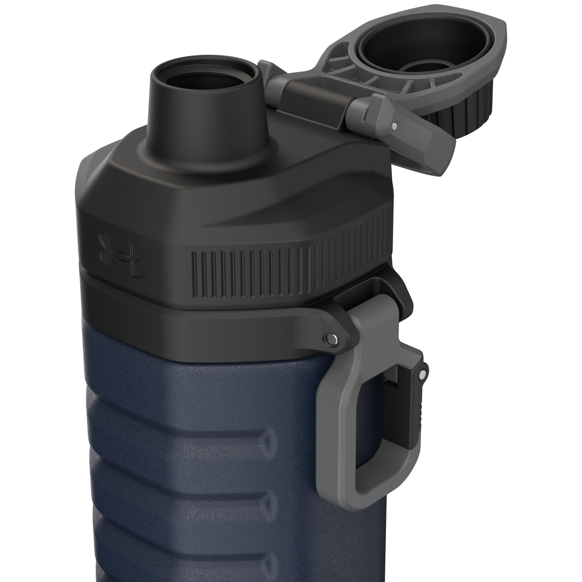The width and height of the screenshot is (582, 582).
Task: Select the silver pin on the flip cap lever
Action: pyautogui.click(x=394, y=127)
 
